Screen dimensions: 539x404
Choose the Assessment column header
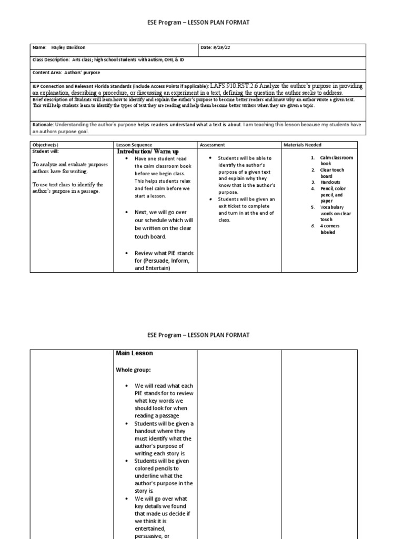[x=212, y=145]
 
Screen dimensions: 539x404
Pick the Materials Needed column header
[x=302, y=145]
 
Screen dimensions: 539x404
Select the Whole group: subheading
[x=134, y=370]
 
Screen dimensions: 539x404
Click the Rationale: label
[x=44, y=125]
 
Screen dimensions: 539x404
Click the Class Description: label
[x=52, y=60]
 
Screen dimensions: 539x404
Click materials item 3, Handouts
[x=330, y=182]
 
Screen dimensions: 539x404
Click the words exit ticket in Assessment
[x=229, y=206]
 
